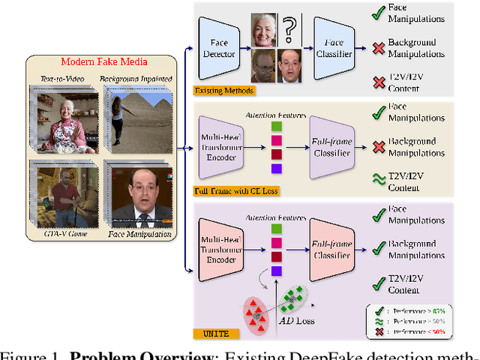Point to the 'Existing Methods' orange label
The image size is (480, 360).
224,91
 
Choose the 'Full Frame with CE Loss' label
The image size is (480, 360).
236,190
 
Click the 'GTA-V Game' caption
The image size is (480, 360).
67,235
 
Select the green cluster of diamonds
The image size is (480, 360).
295,295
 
